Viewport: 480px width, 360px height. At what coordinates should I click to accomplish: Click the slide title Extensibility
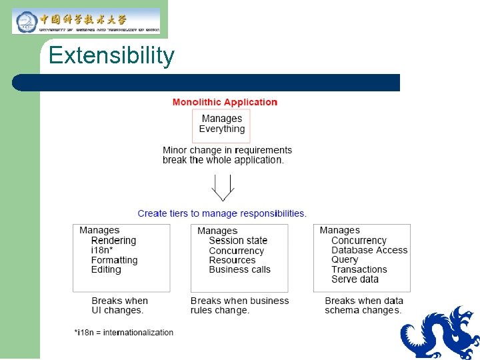click(111, 55)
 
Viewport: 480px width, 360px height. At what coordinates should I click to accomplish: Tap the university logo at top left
click(87, 21)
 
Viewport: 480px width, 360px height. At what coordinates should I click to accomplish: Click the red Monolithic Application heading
click(225, 102)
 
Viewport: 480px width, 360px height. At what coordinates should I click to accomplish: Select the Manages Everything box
click(221, 125)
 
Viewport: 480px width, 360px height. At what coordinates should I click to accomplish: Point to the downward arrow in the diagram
click(221, 187)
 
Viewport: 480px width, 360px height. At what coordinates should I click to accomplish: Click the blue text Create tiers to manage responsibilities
click(222, 213)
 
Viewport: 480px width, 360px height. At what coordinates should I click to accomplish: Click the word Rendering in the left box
click(113, 241)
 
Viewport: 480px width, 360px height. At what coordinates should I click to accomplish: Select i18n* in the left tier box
click(101, 250)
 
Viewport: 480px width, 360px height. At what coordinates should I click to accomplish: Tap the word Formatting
click(114, 260)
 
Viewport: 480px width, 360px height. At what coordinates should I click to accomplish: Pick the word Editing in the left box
click(106, 270)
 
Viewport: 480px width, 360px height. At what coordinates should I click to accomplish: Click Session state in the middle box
click(238, 241)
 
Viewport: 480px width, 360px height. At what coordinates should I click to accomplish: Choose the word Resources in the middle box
click(232, 260)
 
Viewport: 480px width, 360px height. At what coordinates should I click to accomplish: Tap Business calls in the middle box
click(239, 270)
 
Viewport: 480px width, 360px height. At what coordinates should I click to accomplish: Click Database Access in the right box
click(369, 250)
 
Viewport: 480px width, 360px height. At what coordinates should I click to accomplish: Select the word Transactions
click(359, 270)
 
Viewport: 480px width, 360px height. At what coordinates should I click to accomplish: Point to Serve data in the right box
click(355, 279)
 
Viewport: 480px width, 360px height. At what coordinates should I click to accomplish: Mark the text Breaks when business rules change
click(239, 305)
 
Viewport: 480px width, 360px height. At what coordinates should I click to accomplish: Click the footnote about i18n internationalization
click(124, 333)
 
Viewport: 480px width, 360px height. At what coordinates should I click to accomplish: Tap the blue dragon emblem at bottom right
click(441, 333)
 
